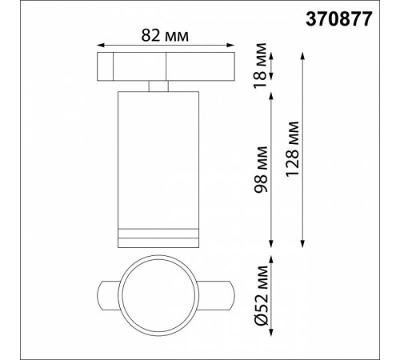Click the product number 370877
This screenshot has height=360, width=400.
point(338,19)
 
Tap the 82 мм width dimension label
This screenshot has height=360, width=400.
point(165,35)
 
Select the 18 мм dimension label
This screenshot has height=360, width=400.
point(260,66)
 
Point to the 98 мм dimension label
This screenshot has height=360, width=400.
point(260,170)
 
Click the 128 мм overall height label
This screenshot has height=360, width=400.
point(292,149)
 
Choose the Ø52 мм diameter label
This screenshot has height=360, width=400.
point(261,295)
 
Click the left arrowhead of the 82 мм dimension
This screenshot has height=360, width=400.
point(100,46)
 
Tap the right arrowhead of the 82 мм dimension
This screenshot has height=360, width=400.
point(230,46)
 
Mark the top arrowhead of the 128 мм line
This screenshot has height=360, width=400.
point(302,56)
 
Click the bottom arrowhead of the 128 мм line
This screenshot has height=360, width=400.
point(302,244)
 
